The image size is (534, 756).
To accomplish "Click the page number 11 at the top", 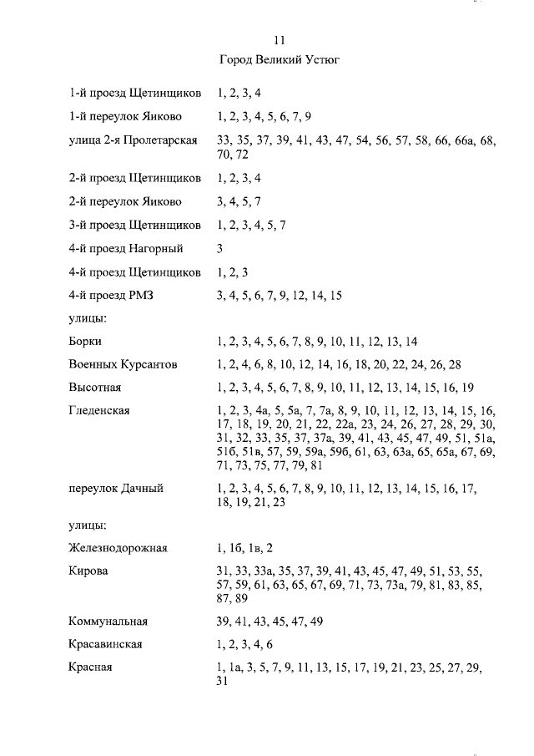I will (x=280, y=40).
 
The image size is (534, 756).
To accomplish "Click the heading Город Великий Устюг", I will (x=279, y=60).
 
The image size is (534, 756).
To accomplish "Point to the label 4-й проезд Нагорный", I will (x=126, y=248).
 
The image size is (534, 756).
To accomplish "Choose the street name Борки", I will (x=85, y=341).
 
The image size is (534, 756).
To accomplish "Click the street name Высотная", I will (x=95, y=388).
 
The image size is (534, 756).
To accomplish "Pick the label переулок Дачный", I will (x=115, y=488).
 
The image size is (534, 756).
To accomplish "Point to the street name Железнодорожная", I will (x=118, y=548).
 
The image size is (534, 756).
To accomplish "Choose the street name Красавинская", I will (x=105, y=644).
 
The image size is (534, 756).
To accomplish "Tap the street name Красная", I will (x=90, y=667).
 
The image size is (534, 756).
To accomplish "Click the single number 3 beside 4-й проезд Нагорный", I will (x=219, y=248).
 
